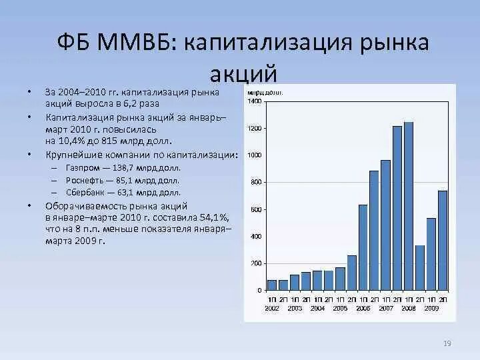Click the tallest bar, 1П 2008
(409, 207)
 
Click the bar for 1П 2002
(272, 285)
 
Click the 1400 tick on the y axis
(255, 101)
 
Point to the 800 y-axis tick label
(256, 182)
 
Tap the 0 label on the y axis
(260, 291)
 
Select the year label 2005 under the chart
(340, 308)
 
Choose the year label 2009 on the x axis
(431, 308)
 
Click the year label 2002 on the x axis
(272, 308)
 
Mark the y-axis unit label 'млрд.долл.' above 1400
(262, 92)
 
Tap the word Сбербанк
(84, 192)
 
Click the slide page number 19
(447, 343)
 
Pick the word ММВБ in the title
(135, 44)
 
